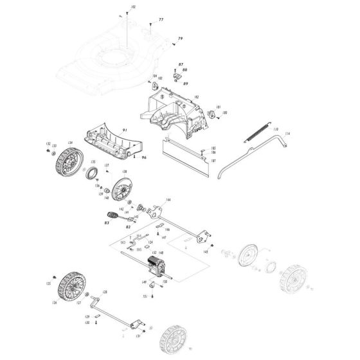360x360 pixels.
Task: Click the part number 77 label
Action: click(x=161, y=21)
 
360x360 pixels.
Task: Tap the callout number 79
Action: click(x=181, y=39)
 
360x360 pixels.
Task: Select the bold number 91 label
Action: click(x=125, y=131)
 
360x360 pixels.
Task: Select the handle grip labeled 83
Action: click(x=111, y=214)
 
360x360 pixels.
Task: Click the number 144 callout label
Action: click(x=168, y=201)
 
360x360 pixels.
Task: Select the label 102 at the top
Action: click(x=133, y=6)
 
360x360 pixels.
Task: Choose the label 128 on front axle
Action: click(x=105, y=292)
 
